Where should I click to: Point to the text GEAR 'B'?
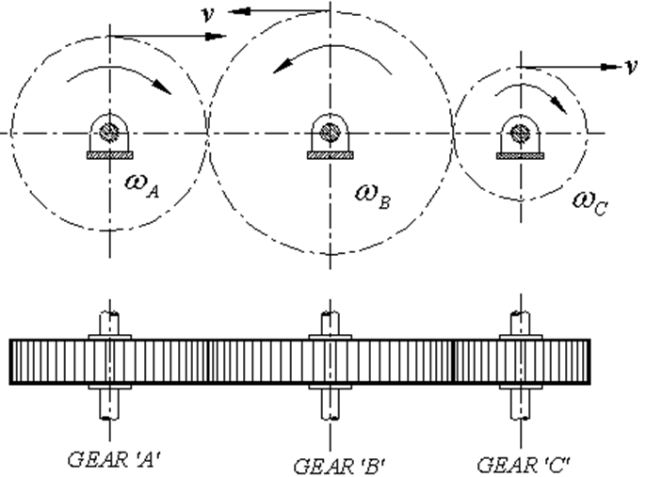[337, 465]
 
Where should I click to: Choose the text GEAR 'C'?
[523, 464]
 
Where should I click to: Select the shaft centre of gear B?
[329, 131]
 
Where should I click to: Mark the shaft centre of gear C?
[518, 131]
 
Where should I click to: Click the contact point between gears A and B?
[207, 133]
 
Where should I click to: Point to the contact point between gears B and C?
[453, 133]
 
